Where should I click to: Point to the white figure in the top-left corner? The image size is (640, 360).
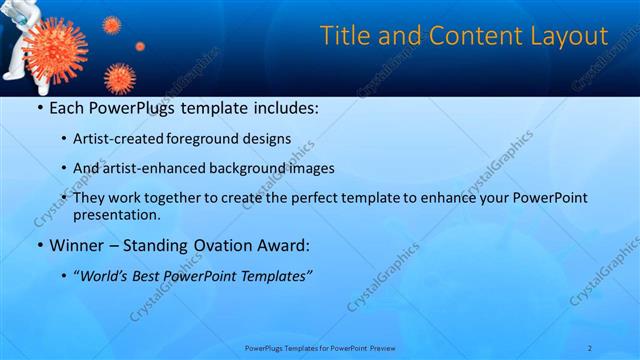pos(20,50)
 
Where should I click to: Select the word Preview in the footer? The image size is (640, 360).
pos(379,348)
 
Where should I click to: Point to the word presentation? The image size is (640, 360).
pos(116,214)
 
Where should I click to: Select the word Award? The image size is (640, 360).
pos(279,245)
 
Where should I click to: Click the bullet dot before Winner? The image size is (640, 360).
pos(39,245)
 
